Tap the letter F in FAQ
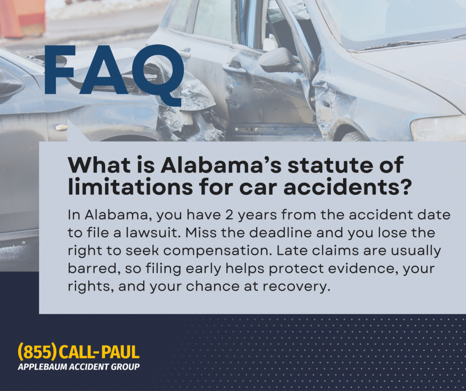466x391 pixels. point(60,70)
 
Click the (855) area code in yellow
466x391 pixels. point(37,352)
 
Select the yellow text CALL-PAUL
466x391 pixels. point(99,352)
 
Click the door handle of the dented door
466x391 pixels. point(234,69)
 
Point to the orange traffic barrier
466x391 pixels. point(23,19)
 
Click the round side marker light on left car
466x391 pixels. point(61,127)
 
